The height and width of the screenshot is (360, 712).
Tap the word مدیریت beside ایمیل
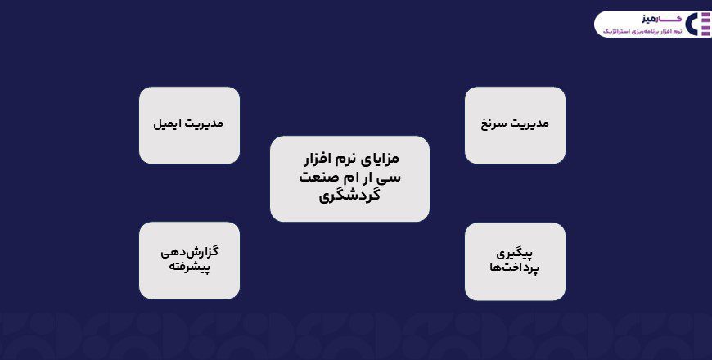[204, 124]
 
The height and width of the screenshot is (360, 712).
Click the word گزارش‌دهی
[189, 252]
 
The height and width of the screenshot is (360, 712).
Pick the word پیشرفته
[189, 268]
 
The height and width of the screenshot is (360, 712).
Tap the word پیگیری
[515, 253]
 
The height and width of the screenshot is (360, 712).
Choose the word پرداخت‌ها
[515, 268]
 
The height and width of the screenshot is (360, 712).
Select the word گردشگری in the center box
[349, 195]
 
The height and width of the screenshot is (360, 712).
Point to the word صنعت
[316, 177]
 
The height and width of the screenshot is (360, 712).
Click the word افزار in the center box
[320, 158]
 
